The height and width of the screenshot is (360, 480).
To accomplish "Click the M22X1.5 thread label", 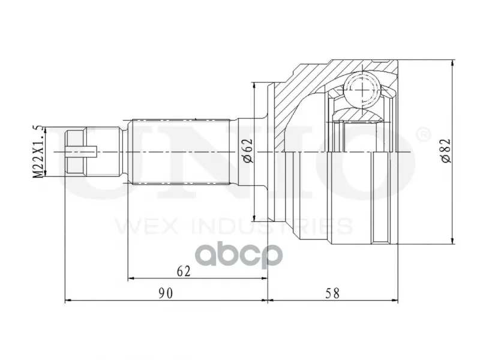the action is pyautogui.click(x=38, y=151).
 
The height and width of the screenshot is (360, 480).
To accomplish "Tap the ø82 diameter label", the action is pyautogui.click(x=446, y=151).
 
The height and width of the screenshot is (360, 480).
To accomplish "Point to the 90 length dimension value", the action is pyautogui.click(x=166, y=293).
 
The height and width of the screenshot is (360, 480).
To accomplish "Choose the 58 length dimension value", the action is pyautogui.click(x=332, y=293).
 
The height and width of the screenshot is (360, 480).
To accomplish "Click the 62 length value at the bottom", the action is pyautogui.click(x=184, y=271).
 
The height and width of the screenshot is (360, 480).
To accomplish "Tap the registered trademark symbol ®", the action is pyautogui.click(x=423, y=135).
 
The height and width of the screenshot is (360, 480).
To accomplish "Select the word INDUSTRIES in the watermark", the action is pyautogui.click(x=272, y=226).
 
